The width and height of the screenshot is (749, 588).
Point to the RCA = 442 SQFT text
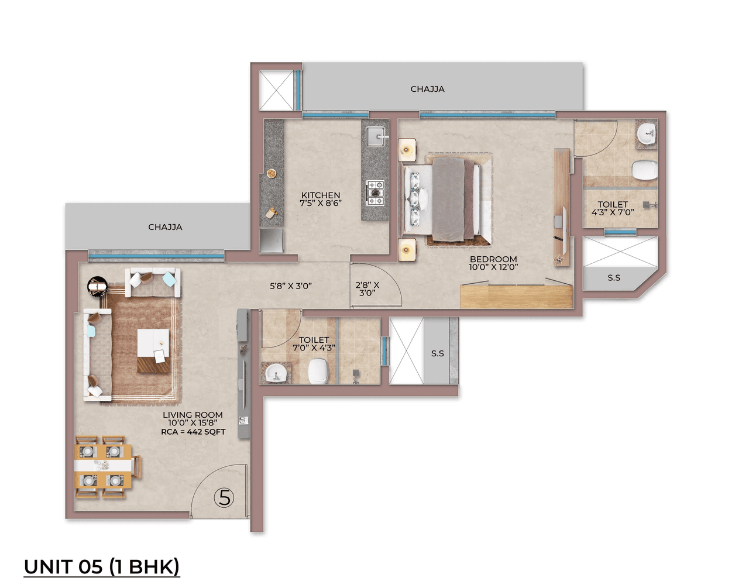pyautogui.click(x=193, y=432)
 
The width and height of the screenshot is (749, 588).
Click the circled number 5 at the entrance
pyautogui.click(x=224, y=498)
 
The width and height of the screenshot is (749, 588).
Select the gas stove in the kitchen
pyautogui.click(x=375, y=193)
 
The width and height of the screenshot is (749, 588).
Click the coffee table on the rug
pyautogui.click(x=153, y=350)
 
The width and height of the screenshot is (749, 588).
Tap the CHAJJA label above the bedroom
pyautogui.click(x=427, y=89)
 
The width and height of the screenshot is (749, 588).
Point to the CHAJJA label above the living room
pyautogui.click(x=165, y=227)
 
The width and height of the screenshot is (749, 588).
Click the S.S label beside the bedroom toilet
pyautogui.click(x=614, y=278)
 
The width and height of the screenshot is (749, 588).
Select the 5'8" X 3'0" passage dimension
pyautogui.click(x=291, y=286)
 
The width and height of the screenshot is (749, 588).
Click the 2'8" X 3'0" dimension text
pyautogui.click(x=367, y=289)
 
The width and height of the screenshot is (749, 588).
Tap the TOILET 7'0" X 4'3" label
pyautogui.click(x=314, y=343)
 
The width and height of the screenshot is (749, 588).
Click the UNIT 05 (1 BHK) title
pyautogui.click(x=101, y=566)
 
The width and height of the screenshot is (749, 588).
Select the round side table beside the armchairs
pyautogui.click(x=97, y=286)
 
